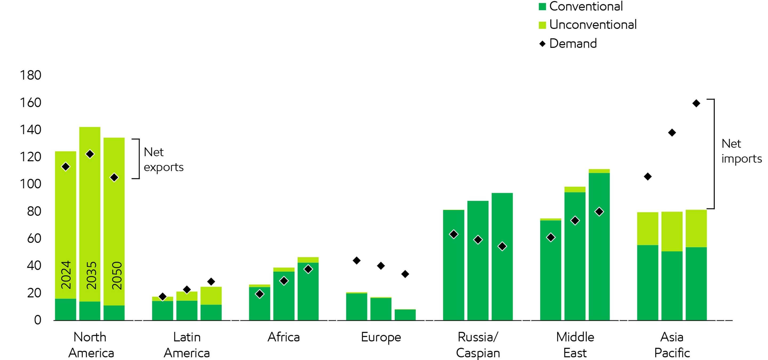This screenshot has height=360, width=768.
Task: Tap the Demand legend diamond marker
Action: click(542, 44)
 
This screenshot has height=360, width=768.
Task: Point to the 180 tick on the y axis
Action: click(30, 75)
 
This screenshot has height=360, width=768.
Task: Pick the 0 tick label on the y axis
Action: click(38, 320)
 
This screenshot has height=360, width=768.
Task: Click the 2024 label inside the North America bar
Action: click(66, 275)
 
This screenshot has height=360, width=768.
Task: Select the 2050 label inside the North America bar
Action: click(117, 275)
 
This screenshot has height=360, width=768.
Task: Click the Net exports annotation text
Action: click(163, 160)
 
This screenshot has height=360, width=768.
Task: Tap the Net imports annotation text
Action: click(741, 151)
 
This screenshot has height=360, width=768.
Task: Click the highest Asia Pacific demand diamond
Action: click(696, 104)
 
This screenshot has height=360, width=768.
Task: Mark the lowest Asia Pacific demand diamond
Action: click(647, 177)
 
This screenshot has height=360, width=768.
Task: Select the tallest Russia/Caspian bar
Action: click(502, 256)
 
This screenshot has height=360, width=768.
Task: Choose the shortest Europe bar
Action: click(405, 315)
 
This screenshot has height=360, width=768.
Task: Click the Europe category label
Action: click(381, 337)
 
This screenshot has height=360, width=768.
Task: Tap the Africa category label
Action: click(283, 337)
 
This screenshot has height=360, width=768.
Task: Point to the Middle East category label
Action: click(575, 345)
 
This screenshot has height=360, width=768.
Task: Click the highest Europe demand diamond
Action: click(357, 261)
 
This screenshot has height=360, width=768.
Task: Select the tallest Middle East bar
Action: click(599, 244)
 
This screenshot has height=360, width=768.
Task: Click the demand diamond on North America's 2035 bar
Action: click(90, 154)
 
